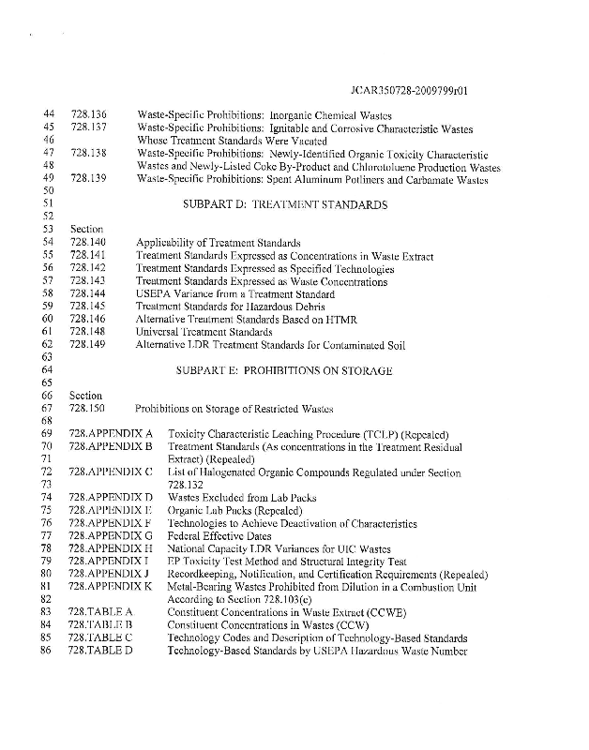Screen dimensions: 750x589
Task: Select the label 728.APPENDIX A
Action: (x=111, y=434)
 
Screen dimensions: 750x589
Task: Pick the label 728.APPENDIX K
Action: (x=111, y=585)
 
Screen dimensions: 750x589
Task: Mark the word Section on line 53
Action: (x=84, y=229)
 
